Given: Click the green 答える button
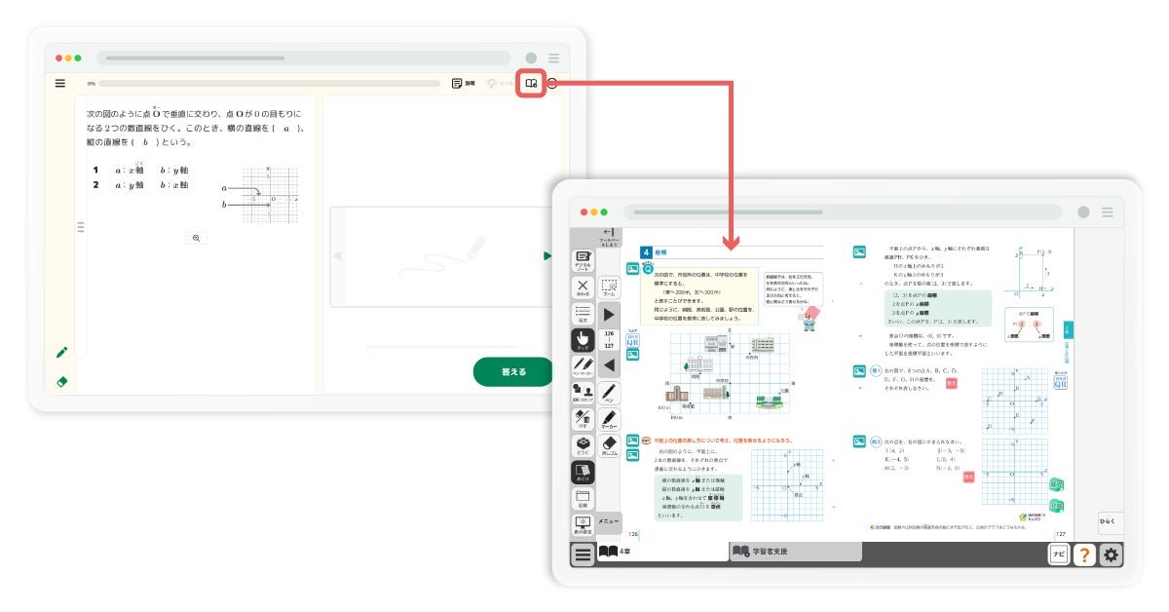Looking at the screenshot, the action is pos(513,371).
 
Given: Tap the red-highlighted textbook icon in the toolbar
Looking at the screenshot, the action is pos(531,84).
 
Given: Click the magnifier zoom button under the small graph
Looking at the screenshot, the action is pos(196,238).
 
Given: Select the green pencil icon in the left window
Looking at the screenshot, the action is pos(61,352).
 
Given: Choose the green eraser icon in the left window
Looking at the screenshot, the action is pos(61,382).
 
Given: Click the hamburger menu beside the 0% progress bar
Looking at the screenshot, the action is pos(60,84).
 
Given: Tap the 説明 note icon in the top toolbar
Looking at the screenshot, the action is pos(464,84).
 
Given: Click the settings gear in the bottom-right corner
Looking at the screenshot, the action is pos(1111,555).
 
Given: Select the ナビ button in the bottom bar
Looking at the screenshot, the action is pos(1058,555).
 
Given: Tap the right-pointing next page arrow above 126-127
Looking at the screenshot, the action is pos(609,314).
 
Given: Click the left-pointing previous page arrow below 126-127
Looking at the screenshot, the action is pos(609,365).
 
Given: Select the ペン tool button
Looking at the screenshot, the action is pos(609,393).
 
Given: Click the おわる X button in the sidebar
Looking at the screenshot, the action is pos(583,287).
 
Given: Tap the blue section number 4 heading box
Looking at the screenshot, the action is pos(646,252).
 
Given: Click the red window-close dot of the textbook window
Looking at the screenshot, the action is pos(584,211).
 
